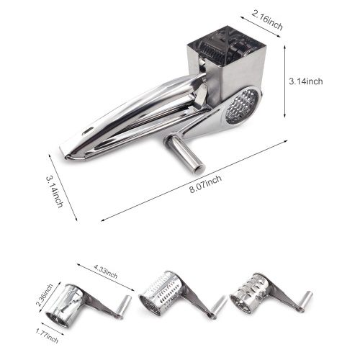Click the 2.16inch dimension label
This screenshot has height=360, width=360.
(267, 20)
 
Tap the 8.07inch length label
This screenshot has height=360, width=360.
(205, 184)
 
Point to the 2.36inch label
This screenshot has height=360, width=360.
(45, 295)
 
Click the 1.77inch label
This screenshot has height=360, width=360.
(47, 336)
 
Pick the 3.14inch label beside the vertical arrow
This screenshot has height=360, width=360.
(306, 81)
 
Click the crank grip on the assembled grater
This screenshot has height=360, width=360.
(186, 153)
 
